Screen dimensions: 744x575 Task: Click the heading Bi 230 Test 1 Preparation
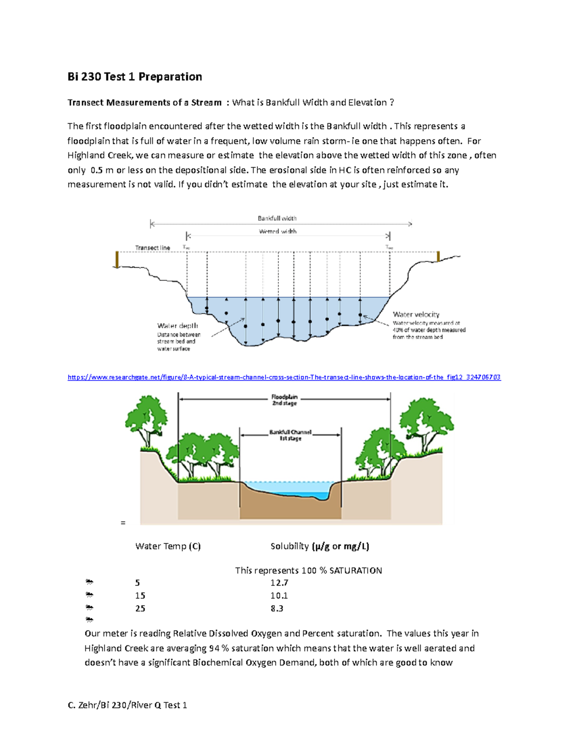click(x=135, y=77)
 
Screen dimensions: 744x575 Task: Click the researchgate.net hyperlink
click(x=284, y=377)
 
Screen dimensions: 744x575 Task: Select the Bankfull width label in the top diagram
click(x=277, y=218)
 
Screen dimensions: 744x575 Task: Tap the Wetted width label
click(x=277, y=231)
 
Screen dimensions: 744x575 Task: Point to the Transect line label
click(x=152, y=248)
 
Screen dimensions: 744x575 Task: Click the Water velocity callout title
click(x=416, y=314)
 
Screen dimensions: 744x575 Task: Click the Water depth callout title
click(x=177, y=326)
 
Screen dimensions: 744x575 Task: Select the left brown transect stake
click(x=117, y=260)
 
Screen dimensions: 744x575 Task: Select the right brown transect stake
click(x=438, y=256)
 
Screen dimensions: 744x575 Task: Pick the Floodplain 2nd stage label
click(x=284, y=400)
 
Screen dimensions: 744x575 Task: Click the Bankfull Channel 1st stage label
click(x=290, y=435)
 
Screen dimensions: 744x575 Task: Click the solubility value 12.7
click(x=279, y=583)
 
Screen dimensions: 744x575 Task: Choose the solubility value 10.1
click(x=279, y=595)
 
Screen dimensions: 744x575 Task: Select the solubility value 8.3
click(x=276, y=608)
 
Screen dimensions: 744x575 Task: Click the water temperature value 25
click(x=140, y=608)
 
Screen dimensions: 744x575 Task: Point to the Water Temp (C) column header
click(x=168, y=546)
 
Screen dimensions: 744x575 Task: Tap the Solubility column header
click(x=320, y=546)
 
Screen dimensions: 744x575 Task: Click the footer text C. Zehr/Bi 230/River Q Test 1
click(x=127, y=705)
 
